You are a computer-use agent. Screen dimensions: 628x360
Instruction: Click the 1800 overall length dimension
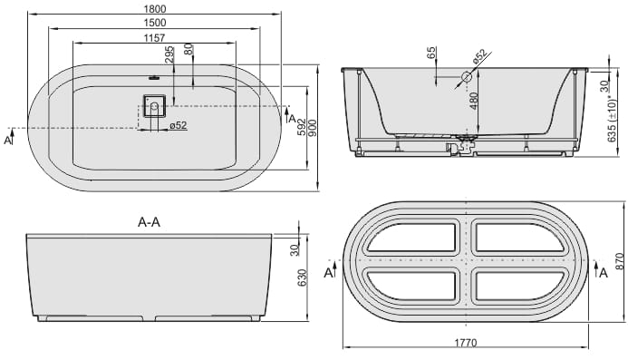pos(154,9)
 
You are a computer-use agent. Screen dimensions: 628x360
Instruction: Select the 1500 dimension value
pos(154,24)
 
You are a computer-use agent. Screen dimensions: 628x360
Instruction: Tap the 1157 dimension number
pos(154,38)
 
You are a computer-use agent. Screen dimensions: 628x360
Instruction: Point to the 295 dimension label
pos(169,55)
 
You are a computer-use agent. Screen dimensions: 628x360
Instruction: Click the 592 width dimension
pos(301,127)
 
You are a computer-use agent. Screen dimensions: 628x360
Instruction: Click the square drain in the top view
pos(154,106)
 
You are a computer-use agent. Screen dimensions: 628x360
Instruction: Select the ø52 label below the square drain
pos(179,125)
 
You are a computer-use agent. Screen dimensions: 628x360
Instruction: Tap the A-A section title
pos(149,222)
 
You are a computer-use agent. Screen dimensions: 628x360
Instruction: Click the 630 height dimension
pos(302,277)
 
